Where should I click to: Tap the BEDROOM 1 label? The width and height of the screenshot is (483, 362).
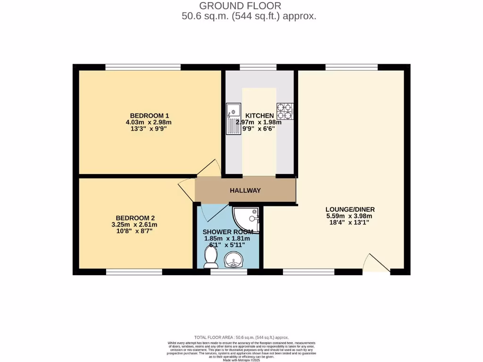[150, 116]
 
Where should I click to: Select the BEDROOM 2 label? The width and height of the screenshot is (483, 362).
[135, 218]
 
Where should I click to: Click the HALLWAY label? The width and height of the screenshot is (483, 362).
[245, 190]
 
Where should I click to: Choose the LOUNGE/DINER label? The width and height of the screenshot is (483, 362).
[350, 209]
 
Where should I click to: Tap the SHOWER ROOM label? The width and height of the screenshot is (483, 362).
[228, 232]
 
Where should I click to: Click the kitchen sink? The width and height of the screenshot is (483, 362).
[233, 118]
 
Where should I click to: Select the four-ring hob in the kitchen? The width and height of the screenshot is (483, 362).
[285, 111]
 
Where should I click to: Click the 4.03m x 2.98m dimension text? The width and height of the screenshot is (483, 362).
[150, 123]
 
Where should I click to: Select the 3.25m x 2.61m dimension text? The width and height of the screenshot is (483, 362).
[135, 224]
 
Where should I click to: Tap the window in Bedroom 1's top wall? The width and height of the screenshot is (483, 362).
[143, 67]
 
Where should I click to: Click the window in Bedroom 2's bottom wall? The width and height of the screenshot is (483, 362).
[134, 272]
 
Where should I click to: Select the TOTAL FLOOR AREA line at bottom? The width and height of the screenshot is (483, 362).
[241, 337]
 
